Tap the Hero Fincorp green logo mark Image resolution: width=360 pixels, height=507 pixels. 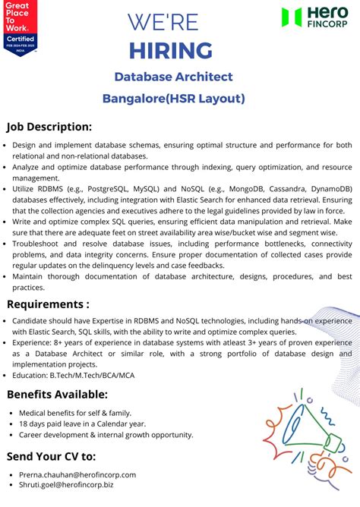[291, 17]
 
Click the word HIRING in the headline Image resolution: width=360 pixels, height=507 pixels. [170, 50]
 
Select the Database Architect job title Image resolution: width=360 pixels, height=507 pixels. [173, 77]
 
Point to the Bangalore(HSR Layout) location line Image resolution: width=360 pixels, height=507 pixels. [173, 98]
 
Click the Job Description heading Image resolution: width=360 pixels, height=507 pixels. [49, 127]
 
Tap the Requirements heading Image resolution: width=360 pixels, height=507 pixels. [48, 304]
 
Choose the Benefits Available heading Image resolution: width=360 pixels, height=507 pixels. [57, 394]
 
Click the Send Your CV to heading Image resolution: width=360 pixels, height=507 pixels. [51, 456]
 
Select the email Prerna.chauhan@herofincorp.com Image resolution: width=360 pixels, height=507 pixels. [77, 474]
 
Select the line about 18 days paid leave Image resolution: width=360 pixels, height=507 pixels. [82, 424]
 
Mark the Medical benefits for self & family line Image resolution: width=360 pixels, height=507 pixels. [80, 412]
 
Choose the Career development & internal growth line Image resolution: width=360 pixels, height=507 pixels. [106, 435]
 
